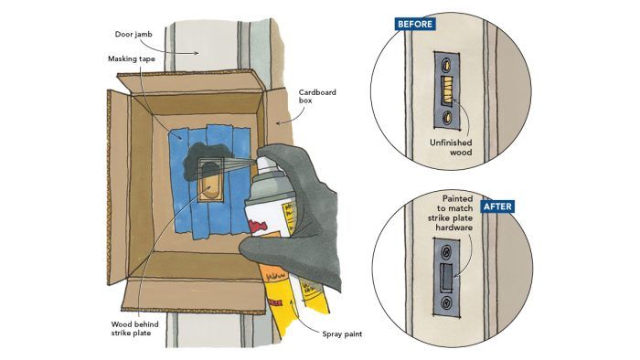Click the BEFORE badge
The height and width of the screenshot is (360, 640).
pyautogui.click(x=415, y=24)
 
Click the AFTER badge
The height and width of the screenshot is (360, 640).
pyautogui.click(x=497, y=206)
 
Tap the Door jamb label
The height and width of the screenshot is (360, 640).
pyautogui.click(x=133, y=34)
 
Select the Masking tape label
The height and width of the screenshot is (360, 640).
pyautogui.click(x=132, y=58)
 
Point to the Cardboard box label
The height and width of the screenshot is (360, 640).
pyautogui.click(x=317, y=96)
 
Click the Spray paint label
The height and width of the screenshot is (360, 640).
pyautogui.click(x=342, y=334)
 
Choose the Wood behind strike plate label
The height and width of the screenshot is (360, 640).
pyautogui.click(x=134, y=329)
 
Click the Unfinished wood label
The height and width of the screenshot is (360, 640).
pyautogui.click(x=451, y=147)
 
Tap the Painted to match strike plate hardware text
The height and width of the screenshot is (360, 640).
pyautogui.click(x=450, y=213)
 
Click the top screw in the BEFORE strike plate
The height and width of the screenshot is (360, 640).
pyautogui.click(x=447, y=64)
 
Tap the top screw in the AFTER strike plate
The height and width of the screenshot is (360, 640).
pyautogui.click(x=447, y=250)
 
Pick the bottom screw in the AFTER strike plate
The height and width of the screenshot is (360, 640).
pyautogui.click(x=446, y=303)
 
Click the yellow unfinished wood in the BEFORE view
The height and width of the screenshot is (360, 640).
pyautogui.click(x=446, y=90)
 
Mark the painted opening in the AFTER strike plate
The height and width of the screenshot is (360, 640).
pyautogui.click(x=446, y=276)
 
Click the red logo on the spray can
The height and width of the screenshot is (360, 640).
pyautogui.click(x=258, y=226)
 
